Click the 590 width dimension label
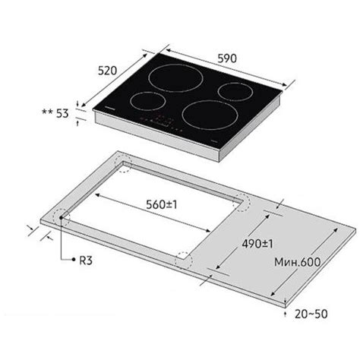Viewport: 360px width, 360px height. pyautogui.click(x=227, y=58)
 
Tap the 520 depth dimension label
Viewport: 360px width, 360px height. pyautogui.click(x=108, y=71)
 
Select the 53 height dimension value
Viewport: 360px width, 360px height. pyautogui.click(x=62, y=113)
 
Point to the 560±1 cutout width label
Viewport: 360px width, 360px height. pyautogui.click(x=162, y=204)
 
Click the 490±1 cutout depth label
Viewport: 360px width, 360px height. pyautogui.click(x=257, y=244)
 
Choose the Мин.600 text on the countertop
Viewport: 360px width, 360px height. pyautogui.click(x=298, y=262)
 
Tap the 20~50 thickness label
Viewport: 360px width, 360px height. pyautogui.click(x=311, y=314)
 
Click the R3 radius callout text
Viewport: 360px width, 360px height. pyautogui.click(x=86, y=261)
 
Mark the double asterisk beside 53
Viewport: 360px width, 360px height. pyautogui.click(x=47, y=112)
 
